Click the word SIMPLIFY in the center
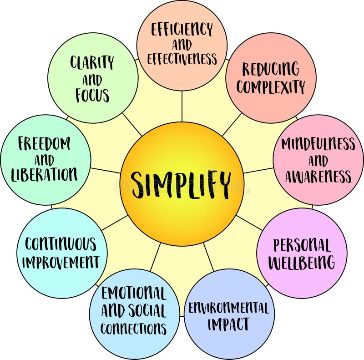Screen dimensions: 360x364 coord(182,183)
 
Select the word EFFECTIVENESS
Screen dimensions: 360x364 coord(182,59)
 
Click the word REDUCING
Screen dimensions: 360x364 coord(271,70)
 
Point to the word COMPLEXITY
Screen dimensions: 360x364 coord(271,86)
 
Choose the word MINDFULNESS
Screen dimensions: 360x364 coord(318,144)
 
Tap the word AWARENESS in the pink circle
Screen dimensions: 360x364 coord(318,176)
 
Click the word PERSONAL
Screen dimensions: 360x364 coord(302,245)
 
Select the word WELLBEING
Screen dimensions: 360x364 coord(302,263)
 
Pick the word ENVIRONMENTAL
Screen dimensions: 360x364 coord(229,309)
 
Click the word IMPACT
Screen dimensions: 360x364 coord(229,325)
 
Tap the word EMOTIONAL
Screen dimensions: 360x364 coord(134,293)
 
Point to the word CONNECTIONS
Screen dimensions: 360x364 coord(134,328)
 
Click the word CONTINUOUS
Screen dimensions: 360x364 coord(61,244)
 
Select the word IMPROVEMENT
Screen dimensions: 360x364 coord(61,262)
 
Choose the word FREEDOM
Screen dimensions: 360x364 coord(45,144)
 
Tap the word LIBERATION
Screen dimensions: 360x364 coord(45,174)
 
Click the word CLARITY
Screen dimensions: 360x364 coord(92,62)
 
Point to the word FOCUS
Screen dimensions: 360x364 coord(92,96)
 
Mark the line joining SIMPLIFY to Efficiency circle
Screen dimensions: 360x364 coord(182,106)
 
